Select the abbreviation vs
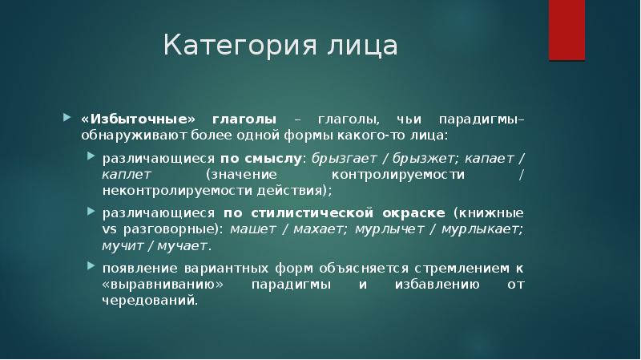coord(110,229)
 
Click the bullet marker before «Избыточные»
coord(67,118)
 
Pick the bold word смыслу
coord(280,156)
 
